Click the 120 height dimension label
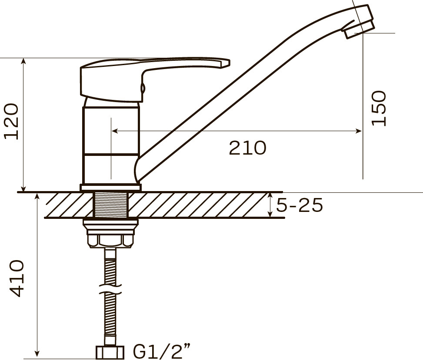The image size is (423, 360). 11,121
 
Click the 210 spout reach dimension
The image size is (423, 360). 247,148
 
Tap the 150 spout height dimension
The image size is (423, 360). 379,108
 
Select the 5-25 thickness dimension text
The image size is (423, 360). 300,205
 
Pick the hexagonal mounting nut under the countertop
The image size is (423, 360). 110,240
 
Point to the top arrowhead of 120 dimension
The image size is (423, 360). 24,61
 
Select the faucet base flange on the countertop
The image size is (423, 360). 110,187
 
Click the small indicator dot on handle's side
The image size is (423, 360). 142,88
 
